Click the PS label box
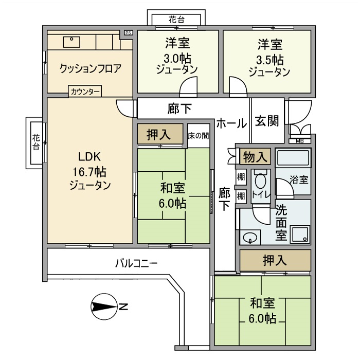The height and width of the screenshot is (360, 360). pyautogui.click(x=128, y=33)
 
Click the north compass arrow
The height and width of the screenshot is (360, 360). pyautogui.click(x=104, y=307)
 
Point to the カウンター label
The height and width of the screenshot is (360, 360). pyautogui.click(x=85, y=93)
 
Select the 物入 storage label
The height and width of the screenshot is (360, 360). pyautogui.click(x=256, y=156)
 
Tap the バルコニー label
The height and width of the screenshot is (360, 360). pyautogui.click(x=136, y=263)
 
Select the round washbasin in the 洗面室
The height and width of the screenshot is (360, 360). pyautogui.click(x=250, y=238)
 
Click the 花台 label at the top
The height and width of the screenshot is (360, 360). pyautogui.click(x=177, y=20)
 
